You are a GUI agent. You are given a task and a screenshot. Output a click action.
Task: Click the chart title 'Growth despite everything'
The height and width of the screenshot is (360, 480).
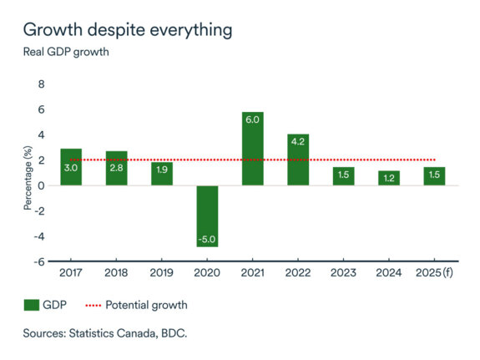pos(127,30)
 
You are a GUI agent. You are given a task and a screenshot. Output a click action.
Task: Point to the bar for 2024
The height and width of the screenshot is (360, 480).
pos(389,178)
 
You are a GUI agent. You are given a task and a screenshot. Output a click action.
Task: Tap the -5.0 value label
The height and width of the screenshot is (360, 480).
pos(208,239)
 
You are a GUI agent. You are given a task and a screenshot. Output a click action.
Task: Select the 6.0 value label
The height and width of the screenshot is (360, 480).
pos(253,120)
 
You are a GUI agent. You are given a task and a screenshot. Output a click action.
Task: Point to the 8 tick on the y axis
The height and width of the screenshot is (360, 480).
pos(41,84)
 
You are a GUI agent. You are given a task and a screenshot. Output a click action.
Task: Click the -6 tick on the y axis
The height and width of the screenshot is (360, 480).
pos(38,261)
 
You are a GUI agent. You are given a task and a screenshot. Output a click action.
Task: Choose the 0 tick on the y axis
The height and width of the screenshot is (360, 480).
pos(41,185)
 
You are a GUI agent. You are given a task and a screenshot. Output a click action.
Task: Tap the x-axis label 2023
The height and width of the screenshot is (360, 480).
pos(343,273)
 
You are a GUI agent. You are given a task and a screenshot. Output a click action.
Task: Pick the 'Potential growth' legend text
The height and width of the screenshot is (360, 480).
pos(147,305)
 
